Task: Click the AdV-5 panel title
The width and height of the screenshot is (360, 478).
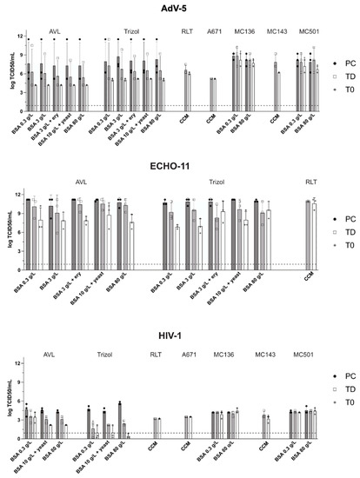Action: (x=180, y=8)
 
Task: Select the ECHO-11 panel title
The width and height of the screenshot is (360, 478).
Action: (x=180, y=172)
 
